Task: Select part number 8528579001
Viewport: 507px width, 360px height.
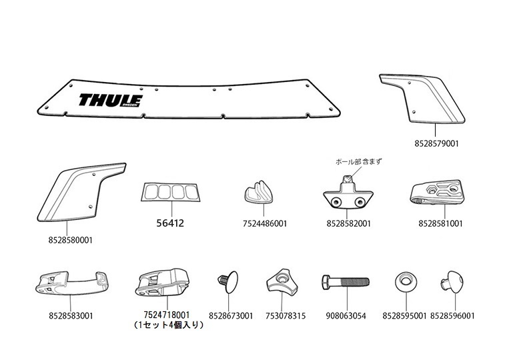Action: pyautogui.click(x=436, y=143)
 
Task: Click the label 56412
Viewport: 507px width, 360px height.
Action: pyautogui.click(x=170, y=223)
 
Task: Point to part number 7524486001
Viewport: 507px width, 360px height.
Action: pyautogui.click(x=265, y=223)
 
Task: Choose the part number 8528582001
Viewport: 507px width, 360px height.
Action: pyautogui.click(x=350, y=223)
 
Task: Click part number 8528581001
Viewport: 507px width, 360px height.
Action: pyautogui.click(x=440, y=223)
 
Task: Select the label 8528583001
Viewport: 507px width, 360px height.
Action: pyautogui.click(x=71, y=315)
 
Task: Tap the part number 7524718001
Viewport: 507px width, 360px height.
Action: pyautogui.click(x=167, y=315)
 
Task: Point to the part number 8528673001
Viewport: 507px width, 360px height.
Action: pyautogui.click(x=231, y=315)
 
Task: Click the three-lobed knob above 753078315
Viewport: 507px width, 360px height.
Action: pyautogui.click(x=281, y=283)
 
